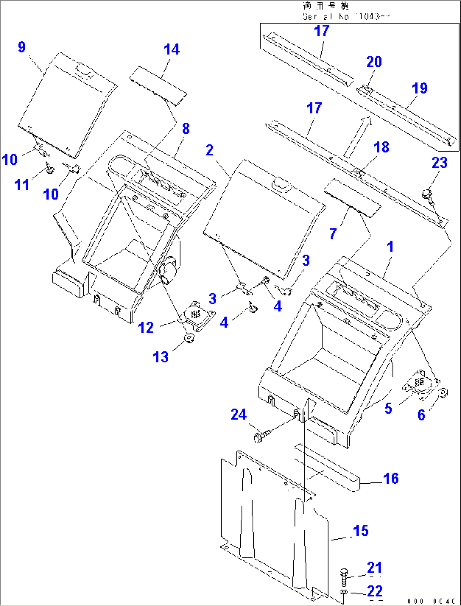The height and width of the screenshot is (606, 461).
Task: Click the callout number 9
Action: click(22, 47)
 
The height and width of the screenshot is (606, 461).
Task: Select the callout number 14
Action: click(172, 49)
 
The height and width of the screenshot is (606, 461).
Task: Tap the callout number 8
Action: click(186, 129)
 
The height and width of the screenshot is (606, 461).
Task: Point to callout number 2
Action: click(209, 150)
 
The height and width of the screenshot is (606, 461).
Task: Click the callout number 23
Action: click(439, 162)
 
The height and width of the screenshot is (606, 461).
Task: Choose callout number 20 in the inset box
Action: click(374, 62)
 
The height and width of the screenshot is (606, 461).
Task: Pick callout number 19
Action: click(420, 88)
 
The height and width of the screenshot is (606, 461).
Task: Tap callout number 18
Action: click(381, 147)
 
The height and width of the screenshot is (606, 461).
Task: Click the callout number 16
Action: click(391, 478)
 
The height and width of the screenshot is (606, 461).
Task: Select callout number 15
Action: click(360, 530)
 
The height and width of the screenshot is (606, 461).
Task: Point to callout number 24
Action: click(239, 414)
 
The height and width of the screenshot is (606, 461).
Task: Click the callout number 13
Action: click(160, 357)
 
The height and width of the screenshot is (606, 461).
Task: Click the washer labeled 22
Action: click(344, 591)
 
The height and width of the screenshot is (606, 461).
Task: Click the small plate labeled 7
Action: click(352, 197)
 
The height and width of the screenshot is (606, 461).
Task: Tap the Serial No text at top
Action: click(346, 16)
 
